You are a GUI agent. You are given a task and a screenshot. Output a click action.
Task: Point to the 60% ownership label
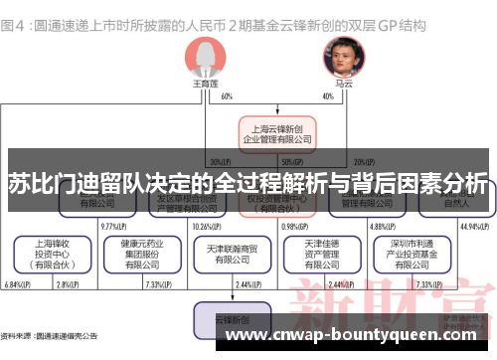click(227, 96)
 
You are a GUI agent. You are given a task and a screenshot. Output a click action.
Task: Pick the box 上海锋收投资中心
click(51, 253)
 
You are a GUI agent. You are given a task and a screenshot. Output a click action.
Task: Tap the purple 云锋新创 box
click(232, 321)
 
